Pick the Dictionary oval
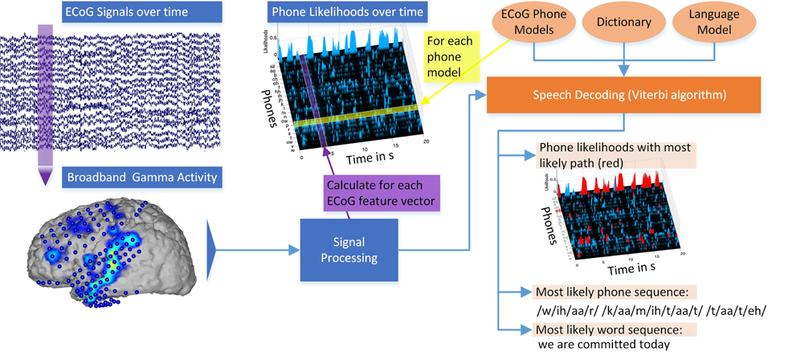pyautogui.click(x=624, y=23)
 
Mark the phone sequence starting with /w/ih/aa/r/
pyautogui.click(x=640, y=310)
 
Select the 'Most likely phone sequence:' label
pyautogui.click(x=614, y=292)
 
